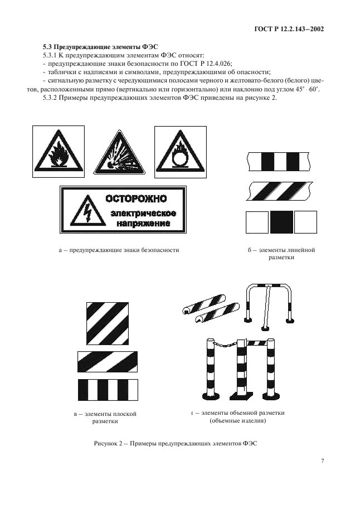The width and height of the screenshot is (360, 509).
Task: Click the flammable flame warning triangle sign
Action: (59, 152)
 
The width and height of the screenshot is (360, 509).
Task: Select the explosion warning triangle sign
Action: (119, 153)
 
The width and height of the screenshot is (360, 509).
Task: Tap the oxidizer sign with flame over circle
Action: (181, 152)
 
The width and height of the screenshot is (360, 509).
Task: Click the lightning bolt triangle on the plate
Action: (88, 210)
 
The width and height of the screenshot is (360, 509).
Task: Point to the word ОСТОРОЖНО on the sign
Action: (136, 198)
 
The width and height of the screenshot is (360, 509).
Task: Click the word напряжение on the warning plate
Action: (143, 224)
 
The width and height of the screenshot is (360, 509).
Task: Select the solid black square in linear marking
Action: (281, 222)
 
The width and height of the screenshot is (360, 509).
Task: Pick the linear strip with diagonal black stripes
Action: (280, 191)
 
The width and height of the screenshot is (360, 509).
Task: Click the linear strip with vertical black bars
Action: (279, 162)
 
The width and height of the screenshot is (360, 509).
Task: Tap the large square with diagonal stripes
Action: (108, 324)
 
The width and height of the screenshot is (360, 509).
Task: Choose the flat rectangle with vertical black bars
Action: (108, 390)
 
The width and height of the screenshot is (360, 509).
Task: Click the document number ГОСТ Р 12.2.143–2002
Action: (289, 29)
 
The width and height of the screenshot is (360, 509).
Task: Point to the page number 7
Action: (322, 461)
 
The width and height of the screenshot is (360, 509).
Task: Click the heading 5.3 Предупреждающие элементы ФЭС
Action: (100, 47)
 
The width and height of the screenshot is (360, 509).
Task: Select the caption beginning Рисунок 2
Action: (176, 443)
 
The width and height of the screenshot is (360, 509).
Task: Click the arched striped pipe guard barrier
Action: (269, 304)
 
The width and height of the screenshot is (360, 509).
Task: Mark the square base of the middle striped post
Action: (242, 396)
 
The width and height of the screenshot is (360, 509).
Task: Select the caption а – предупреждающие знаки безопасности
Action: (119, 250)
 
